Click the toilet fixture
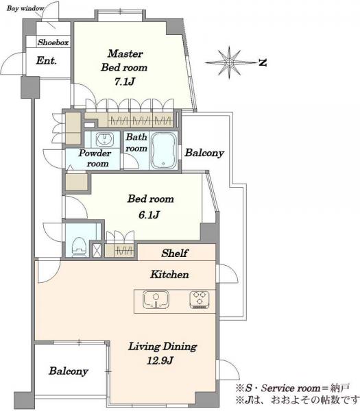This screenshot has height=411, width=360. point(79,247)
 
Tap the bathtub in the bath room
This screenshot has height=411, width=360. point(163,151)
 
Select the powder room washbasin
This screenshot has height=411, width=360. point(105,139)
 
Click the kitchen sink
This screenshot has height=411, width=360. point(156,299)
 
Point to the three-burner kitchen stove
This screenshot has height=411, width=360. point(200,299)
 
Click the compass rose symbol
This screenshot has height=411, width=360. point(229,62)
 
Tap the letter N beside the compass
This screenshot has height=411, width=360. point(263,62)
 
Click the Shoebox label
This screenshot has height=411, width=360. point(53,42)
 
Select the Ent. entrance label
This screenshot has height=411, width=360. point(46,61)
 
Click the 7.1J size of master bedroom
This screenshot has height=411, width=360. point(125,82)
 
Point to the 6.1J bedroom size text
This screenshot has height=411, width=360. point(149,215)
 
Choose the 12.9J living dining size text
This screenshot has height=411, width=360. point(160,361)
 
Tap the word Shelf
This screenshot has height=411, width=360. point(175,253)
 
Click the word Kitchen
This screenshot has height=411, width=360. point(169,275)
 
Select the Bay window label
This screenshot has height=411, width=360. point(25,8)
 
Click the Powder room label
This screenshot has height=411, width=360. point(95,158)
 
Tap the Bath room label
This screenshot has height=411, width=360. point(136,142)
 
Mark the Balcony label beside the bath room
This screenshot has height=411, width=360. point(204,153)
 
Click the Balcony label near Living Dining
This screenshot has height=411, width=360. point(69,371)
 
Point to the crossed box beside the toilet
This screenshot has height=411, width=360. point(97,250)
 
